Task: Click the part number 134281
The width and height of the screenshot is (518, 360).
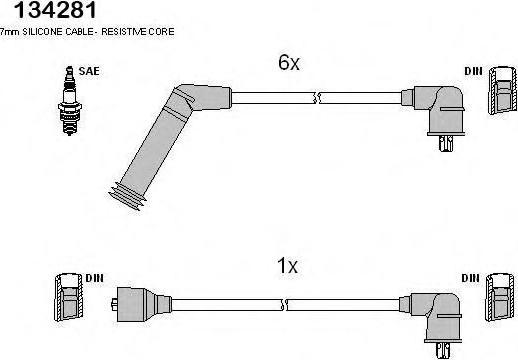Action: click(x=55, y=9)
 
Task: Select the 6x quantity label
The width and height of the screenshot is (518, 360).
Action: click(x=289, y=62)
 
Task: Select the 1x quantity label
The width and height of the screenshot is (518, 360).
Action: click(x=287, y=266)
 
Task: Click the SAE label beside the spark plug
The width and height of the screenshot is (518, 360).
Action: click(x=89, y=71)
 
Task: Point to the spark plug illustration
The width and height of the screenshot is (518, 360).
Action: click(x=70, y=101)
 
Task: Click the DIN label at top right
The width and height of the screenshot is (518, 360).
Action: click(x=473, y=71)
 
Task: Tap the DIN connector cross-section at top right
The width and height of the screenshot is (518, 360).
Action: click(x=503, y=91)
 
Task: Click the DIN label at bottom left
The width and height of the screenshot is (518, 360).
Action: click(x=94, y=278)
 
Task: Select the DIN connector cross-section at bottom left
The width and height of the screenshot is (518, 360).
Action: click(x=68, y=297)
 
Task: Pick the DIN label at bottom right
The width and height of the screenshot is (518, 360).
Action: click(x=470, y=278)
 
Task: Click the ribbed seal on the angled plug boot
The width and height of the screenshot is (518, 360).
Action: click(x=128, y=196)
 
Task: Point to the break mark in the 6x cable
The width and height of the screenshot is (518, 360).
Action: click(x=317, y=98)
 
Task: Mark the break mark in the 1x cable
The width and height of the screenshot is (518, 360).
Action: click(x=284, y=305)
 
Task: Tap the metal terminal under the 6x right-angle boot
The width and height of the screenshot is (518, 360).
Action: click(x=445, y=143)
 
